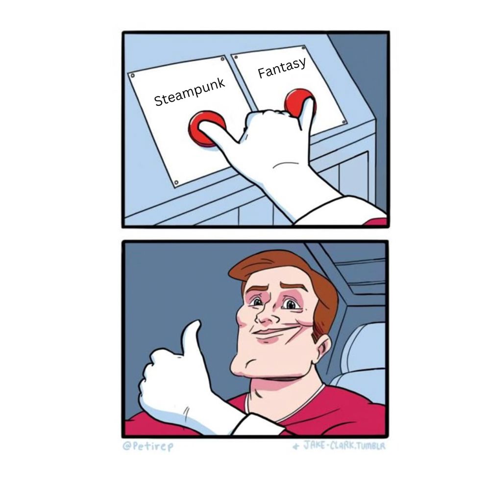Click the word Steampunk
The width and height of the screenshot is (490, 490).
190,92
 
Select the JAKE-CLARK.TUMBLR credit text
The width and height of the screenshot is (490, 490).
340,445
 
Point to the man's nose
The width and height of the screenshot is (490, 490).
266,316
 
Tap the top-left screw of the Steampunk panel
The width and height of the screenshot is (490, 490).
132,75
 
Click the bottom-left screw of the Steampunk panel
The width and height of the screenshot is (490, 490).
176,182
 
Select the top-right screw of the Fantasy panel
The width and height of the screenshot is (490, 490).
303,48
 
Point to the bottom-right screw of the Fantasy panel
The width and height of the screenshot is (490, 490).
344,122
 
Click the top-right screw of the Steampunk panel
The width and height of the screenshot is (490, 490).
222,59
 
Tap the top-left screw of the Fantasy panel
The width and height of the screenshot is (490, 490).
236,57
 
